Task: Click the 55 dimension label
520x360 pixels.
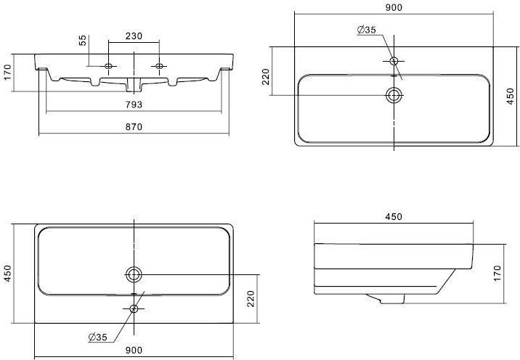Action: (x=83, y=40)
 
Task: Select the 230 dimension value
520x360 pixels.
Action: (x=134, y=36)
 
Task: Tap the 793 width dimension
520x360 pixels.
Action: (x=134, y=105)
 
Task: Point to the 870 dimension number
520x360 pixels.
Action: (x=134, y=127)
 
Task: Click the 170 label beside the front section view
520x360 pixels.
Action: (x=7, y=72)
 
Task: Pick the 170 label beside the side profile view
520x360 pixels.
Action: (x=497, y=274)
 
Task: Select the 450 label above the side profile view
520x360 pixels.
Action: (x=394, y=217)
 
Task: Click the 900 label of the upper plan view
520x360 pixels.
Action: (x=394, y=7)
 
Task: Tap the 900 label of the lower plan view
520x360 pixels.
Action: (x=134, y=350)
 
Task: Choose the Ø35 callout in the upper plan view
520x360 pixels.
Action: (x=367, y=30)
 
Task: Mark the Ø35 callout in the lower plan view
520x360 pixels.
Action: (x=98, y=337)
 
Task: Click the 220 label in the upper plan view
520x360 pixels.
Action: (x=267, y=77)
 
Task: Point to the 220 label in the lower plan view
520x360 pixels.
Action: (x=251, y=299)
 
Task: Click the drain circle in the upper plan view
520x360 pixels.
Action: (x=394, y=88)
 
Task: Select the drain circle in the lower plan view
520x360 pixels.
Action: (x=134, y=268)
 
